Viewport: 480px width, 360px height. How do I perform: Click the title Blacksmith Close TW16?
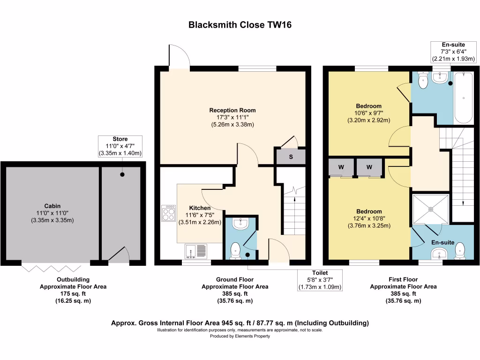tap(240, 24)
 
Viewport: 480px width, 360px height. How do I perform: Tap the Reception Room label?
tap(232, 111)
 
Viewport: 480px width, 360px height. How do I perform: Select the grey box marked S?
tap(290, 157)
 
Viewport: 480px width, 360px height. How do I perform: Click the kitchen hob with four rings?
tap(168, 214)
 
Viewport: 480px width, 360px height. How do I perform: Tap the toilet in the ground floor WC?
tap(235, 252)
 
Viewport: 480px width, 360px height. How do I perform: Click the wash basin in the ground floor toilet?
tap(240, 224)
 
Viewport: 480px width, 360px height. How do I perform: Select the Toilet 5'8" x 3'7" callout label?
tap(320, 280)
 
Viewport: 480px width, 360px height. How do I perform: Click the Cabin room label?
tap(52, 206)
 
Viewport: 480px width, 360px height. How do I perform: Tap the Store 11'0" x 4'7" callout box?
tap(120, 146)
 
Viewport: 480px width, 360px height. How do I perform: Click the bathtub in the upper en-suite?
tap(464, 97)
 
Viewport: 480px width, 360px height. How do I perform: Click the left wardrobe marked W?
tap(341, 167)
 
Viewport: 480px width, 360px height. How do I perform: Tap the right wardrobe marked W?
tap(369, 167)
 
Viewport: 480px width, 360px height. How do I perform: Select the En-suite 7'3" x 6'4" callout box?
tap(454, 52)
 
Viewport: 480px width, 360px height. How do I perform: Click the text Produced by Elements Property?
tap(240, 336)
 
